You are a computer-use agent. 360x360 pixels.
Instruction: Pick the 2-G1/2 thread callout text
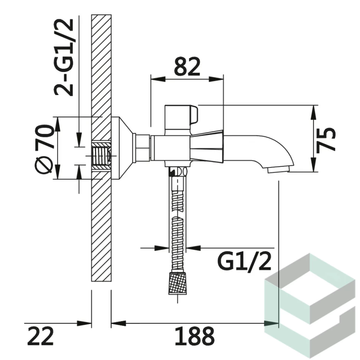point(63,58)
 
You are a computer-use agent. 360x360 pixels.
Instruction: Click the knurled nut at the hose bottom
point(177,284)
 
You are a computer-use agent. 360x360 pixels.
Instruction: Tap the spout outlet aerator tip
point(278,170)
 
